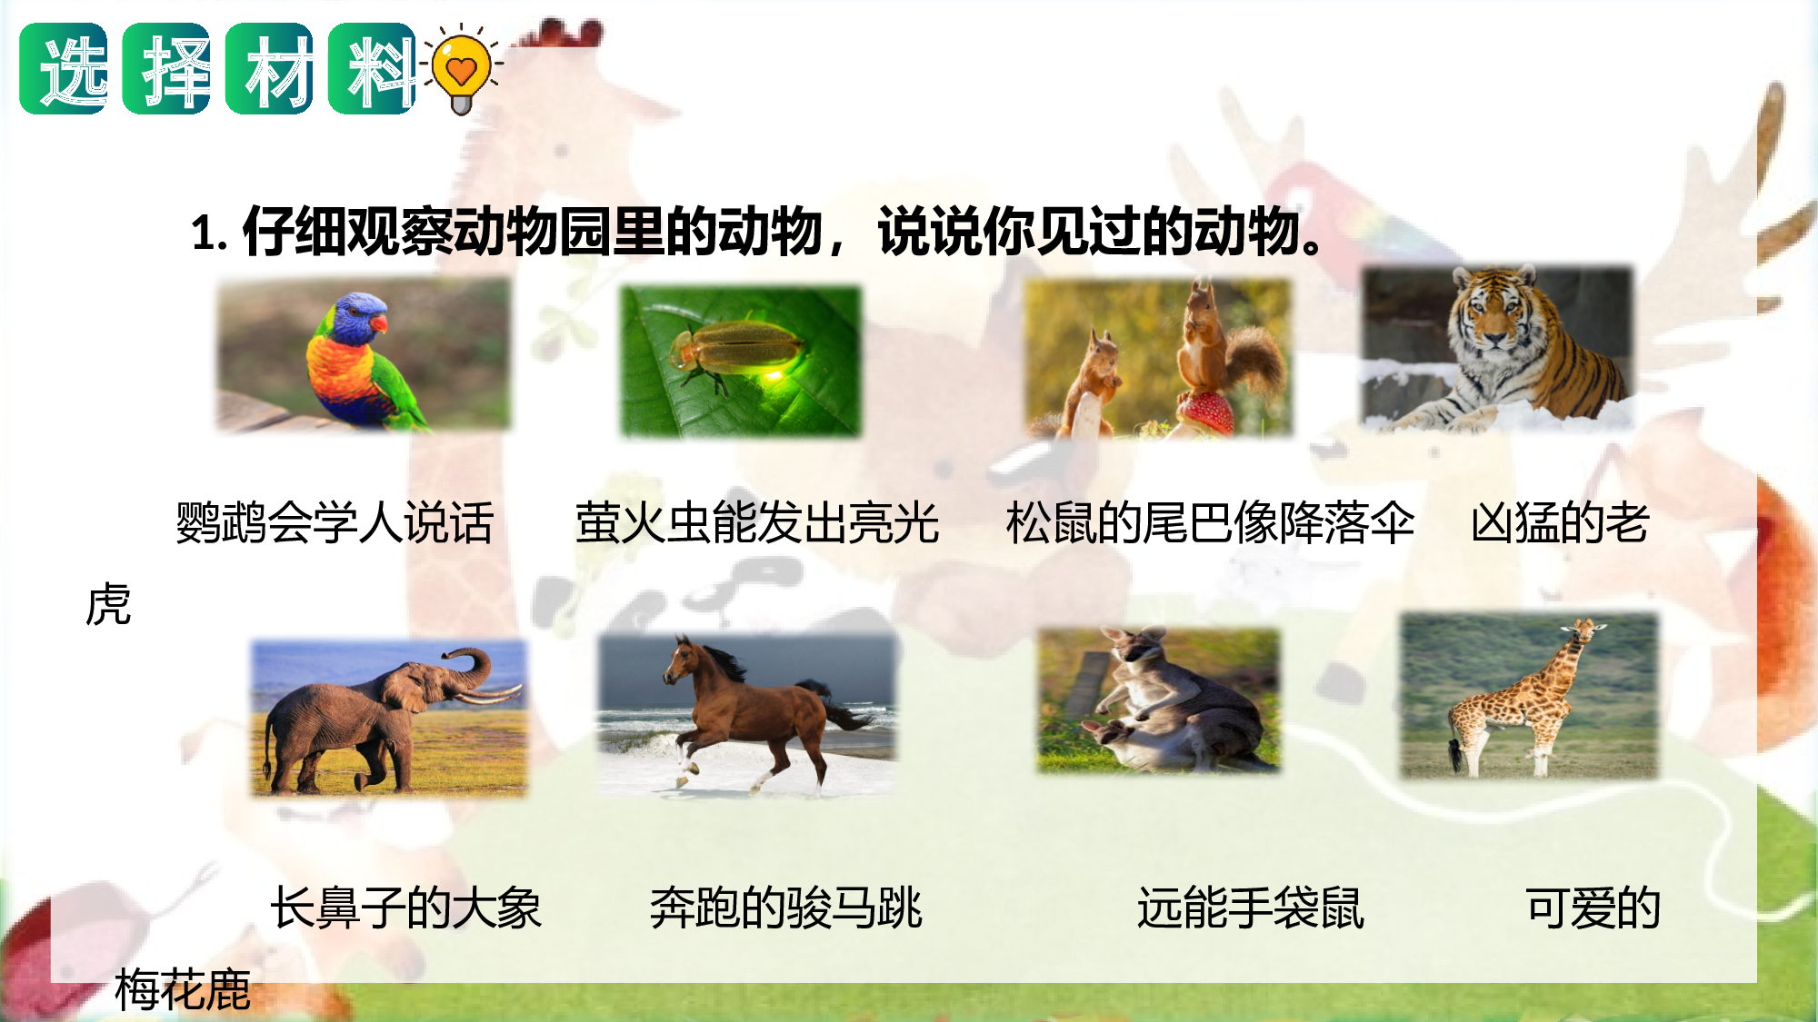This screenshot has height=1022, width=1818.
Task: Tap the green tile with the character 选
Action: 64,69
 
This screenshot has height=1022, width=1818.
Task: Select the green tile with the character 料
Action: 372,69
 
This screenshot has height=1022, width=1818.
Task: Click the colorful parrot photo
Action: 364,355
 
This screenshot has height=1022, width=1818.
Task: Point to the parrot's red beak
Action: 377,322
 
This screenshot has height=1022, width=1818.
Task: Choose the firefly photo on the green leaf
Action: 740,362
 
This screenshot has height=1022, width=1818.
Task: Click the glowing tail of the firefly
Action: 773,372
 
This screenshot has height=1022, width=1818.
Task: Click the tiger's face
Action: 1491,313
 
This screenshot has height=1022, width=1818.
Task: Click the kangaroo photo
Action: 1159,700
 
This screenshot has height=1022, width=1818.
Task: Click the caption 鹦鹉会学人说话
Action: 335,523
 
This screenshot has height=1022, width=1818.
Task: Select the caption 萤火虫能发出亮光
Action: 756,523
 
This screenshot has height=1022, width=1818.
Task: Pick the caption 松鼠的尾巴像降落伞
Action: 1210,523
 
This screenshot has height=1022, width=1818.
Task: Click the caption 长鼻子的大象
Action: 405,908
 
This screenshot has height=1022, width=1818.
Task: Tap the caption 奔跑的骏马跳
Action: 785,908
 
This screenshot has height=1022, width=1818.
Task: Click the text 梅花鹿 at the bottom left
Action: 182,989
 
